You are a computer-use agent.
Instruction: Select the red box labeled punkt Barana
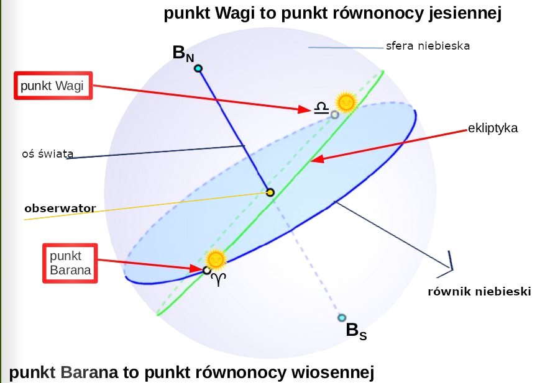[x=70, y=263]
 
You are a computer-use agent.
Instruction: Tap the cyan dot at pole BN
[x=198, y=68]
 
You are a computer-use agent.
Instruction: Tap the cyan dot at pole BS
[x=341, y=318]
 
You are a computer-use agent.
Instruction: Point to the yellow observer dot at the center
[x=270, y=192]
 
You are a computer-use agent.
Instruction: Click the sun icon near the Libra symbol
[x=346, y=101]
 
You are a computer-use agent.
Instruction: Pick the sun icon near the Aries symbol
[x=216, y=258]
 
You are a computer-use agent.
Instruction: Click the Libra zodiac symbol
[x=321, y=109]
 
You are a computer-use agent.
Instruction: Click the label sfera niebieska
[x=428, y=46]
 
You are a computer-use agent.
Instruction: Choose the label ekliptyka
[x=493, y=128]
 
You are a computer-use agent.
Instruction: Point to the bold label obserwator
[x=60, y=209]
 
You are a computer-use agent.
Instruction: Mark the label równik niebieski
[x=479, y=291]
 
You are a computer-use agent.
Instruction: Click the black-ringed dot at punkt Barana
[x=207, y=270]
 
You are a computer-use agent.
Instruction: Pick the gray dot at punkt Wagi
[x=334, y=114]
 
